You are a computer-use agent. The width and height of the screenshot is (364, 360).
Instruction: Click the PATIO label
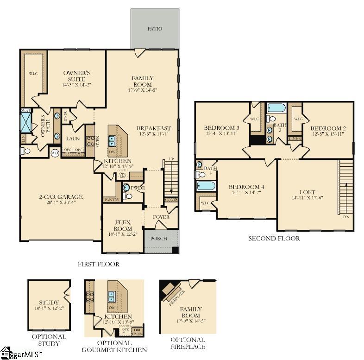[x=155, y=29]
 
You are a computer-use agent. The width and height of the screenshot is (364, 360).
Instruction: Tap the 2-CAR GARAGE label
[x=60, y=197]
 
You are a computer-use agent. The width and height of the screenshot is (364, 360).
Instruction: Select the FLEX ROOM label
[x=123, y=225]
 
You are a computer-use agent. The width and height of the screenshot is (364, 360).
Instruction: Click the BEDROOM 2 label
[x=328, y=128]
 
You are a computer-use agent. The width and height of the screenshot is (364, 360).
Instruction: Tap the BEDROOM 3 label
[x=221, y=127]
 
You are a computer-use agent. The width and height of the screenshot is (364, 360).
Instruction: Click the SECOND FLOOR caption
[x=274, y=239]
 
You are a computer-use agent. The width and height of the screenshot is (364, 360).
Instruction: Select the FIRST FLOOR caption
[x=98, y=264]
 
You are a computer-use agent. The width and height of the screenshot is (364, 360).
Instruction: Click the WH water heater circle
[x=55, y=153]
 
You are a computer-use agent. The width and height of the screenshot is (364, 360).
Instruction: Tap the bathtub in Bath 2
[x=276, y=108]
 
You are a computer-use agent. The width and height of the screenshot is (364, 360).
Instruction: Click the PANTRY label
[x=111, y=200]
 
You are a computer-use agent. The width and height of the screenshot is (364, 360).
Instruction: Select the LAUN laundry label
[x=74, y=139]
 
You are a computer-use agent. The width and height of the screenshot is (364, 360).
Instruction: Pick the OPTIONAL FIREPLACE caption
[x=188, y=343]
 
